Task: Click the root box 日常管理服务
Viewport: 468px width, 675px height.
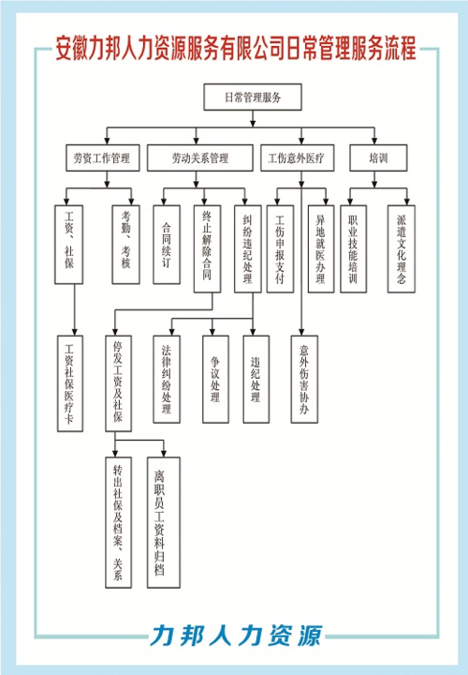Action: pyautogui.click(x=250, y=97)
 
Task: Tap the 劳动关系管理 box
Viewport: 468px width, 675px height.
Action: pyautogui.click(x=200, y=158)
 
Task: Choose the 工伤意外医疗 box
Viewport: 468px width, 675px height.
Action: pyautogui.click(x=297, y=158)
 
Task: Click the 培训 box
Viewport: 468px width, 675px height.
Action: pyautogui.click(x=378, y=158)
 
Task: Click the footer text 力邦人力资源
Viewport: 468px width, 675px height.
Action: pyautogui.click(x=235, y=635)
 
